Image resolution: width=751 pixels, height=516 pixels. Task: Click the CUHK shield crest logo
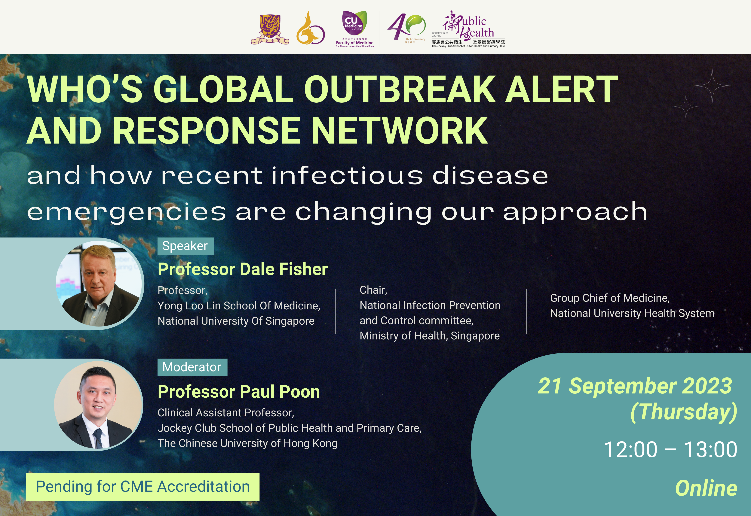tap(270, 29)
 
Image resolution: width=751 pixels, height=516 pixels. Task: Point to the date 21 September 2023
tap(635, 386)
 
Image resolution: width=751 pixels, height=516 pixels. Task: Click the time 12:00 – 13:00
tap(670, 449)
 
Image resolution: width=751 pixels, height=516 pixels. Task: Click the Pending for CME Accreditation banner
tap(143, 487)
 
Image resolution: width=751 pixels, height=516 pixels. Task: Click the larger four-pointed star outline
tap(712, 86)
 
